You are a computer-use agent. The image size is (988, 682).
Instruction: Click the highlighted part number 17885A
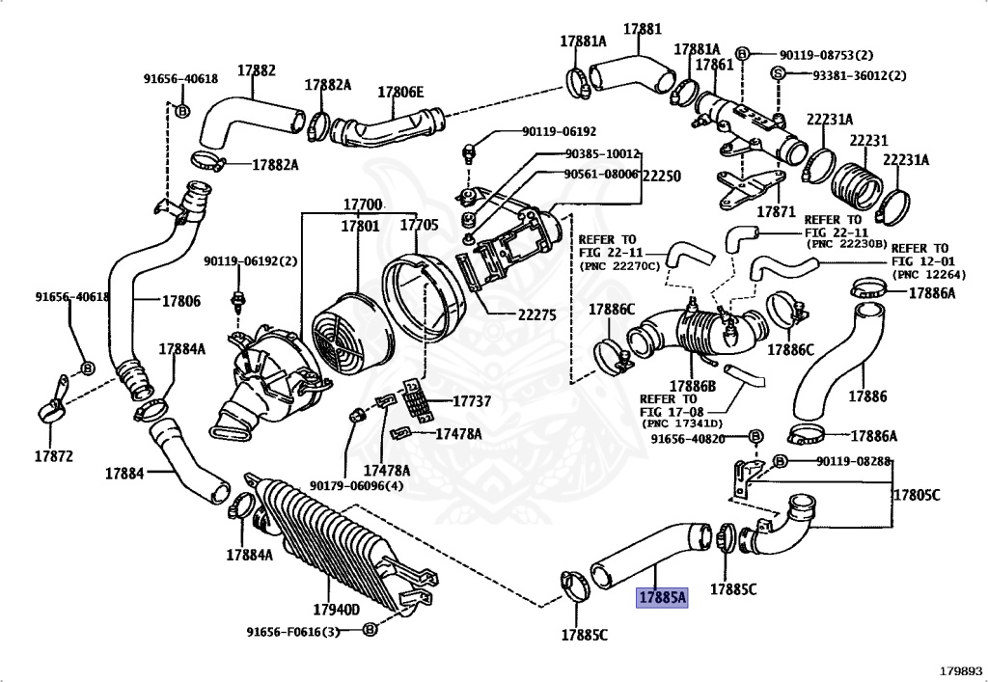tap(662, 597)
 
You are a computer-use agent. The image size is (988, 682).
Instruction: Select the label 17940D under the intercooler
tap(336, 609)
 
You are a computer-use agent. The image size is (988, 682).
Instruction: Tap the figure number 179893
tap(960, 671)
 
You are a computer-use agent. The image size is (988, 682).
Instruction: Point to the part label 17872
tap(54, 455)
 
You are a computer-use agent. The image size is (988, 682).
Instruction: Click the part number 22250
tap(662, 177)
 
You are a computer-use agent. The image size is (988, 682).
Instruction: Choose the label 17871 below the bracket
tap(777, 211)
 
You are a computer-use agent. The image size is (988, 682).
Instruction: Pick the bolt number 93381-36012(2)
tap(860, 75)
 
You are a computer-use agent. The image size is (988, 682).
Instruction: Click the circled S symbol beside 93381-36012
tap(778, 73)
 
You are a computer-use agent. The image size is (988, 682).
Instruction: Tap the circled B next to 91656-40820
tap(755, 436)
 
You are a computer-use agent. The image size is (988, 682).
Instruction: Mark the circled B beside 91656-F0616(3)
tap(370, 629)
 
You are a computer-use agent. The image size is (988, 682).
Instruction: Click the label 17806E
tap(400, 92)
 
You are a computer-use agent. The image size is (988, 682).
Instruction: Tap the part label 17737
tap(471, 401)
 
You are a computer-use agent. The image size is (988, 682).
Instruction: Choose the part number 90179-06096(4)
tap(357, 485)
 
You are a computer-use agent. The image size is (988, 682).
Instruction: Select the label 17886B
tap(693, 386)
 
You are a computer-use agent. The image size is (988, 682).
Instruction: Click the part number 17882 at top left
tap(257, 69)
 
